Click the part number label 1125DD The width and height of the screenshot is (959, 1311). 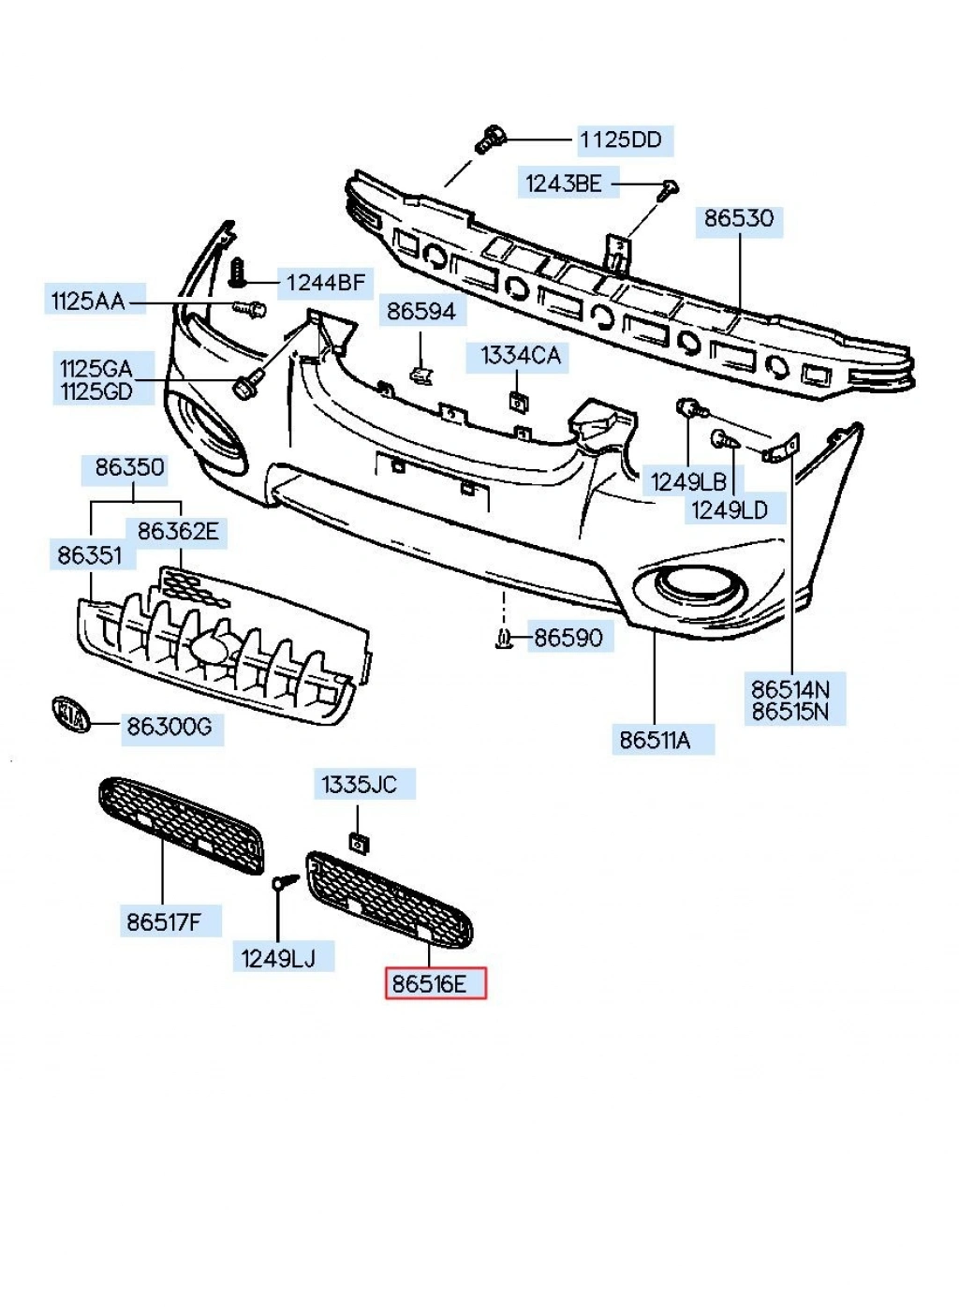(621, 140)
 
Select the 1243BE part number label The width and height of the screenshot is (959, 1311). (563, 184)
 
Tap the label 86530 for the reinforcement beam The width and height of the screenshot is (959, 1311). (739, 219)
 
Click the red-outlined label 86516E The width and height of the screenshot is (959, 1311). (436, 984)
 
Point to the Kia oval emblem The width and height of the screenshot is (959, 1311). (71, 715)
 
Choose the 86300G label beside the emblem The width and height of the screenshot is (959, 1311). (171, 727)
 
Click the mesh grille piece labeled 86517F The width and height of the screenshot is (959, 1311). (182, 825)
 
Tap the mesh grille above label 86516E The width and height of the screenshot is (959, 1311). (390, 898)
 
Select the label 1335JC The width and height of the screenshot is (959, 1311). (360, 785)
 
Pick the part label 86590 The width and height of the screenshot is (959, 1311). (568, 638)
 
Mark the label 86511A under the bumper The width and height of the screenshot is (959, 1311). (656, 740)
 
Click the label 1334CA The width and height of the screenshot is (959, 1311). (521, 356)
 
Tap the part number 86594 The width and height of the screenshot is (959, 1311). (421, 311)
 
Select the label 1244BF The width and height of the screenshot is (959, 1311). (325, 282)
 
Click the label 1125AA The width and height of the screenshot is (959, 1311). (88, 301)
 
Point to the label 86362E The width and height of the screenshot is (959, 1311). (178, 532)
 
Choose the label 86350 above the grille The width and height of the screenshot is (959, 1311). (130, 467)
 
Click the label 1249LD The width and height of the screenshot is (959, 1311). (730, 509)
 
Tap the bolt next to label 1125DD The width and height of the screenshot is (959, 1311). (489, 140)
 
